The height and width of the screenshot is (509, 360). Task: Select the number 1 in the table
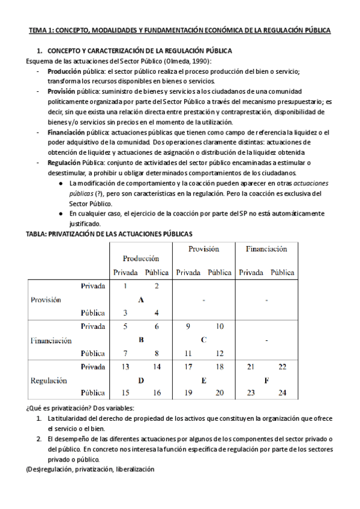point(125,286)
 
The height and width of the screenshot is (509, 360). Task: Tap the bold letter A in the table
point(141,300)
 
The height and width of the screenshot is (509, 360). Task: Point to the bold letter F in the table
point(266,380)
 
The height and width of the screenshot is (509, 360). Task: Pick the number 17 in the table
point(188,366)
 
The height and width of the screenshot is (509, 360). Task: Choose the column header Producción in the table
point(141,258)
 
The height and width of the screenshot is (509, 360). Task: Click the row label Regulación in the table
point(49,380)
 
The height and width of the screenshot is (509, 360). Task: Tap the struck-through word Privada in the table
point(93,366)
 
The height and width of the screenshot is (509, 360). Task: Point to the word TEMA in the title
point(38,29)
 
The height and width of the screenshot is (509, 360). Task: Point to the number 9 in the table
point(188,326)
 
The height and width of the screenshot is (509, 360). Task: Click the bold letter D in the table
point(141,380)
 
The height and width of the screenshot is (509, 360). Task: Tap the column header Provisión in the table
point(203,248)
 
